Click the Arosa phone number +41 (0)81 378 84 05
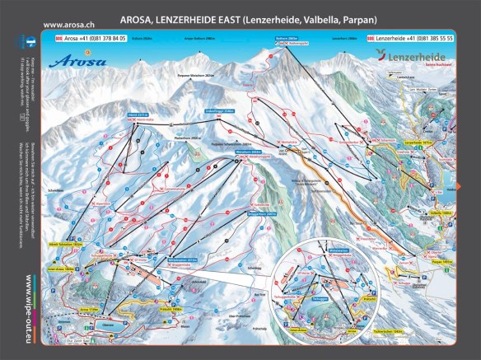coord(95,39)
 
